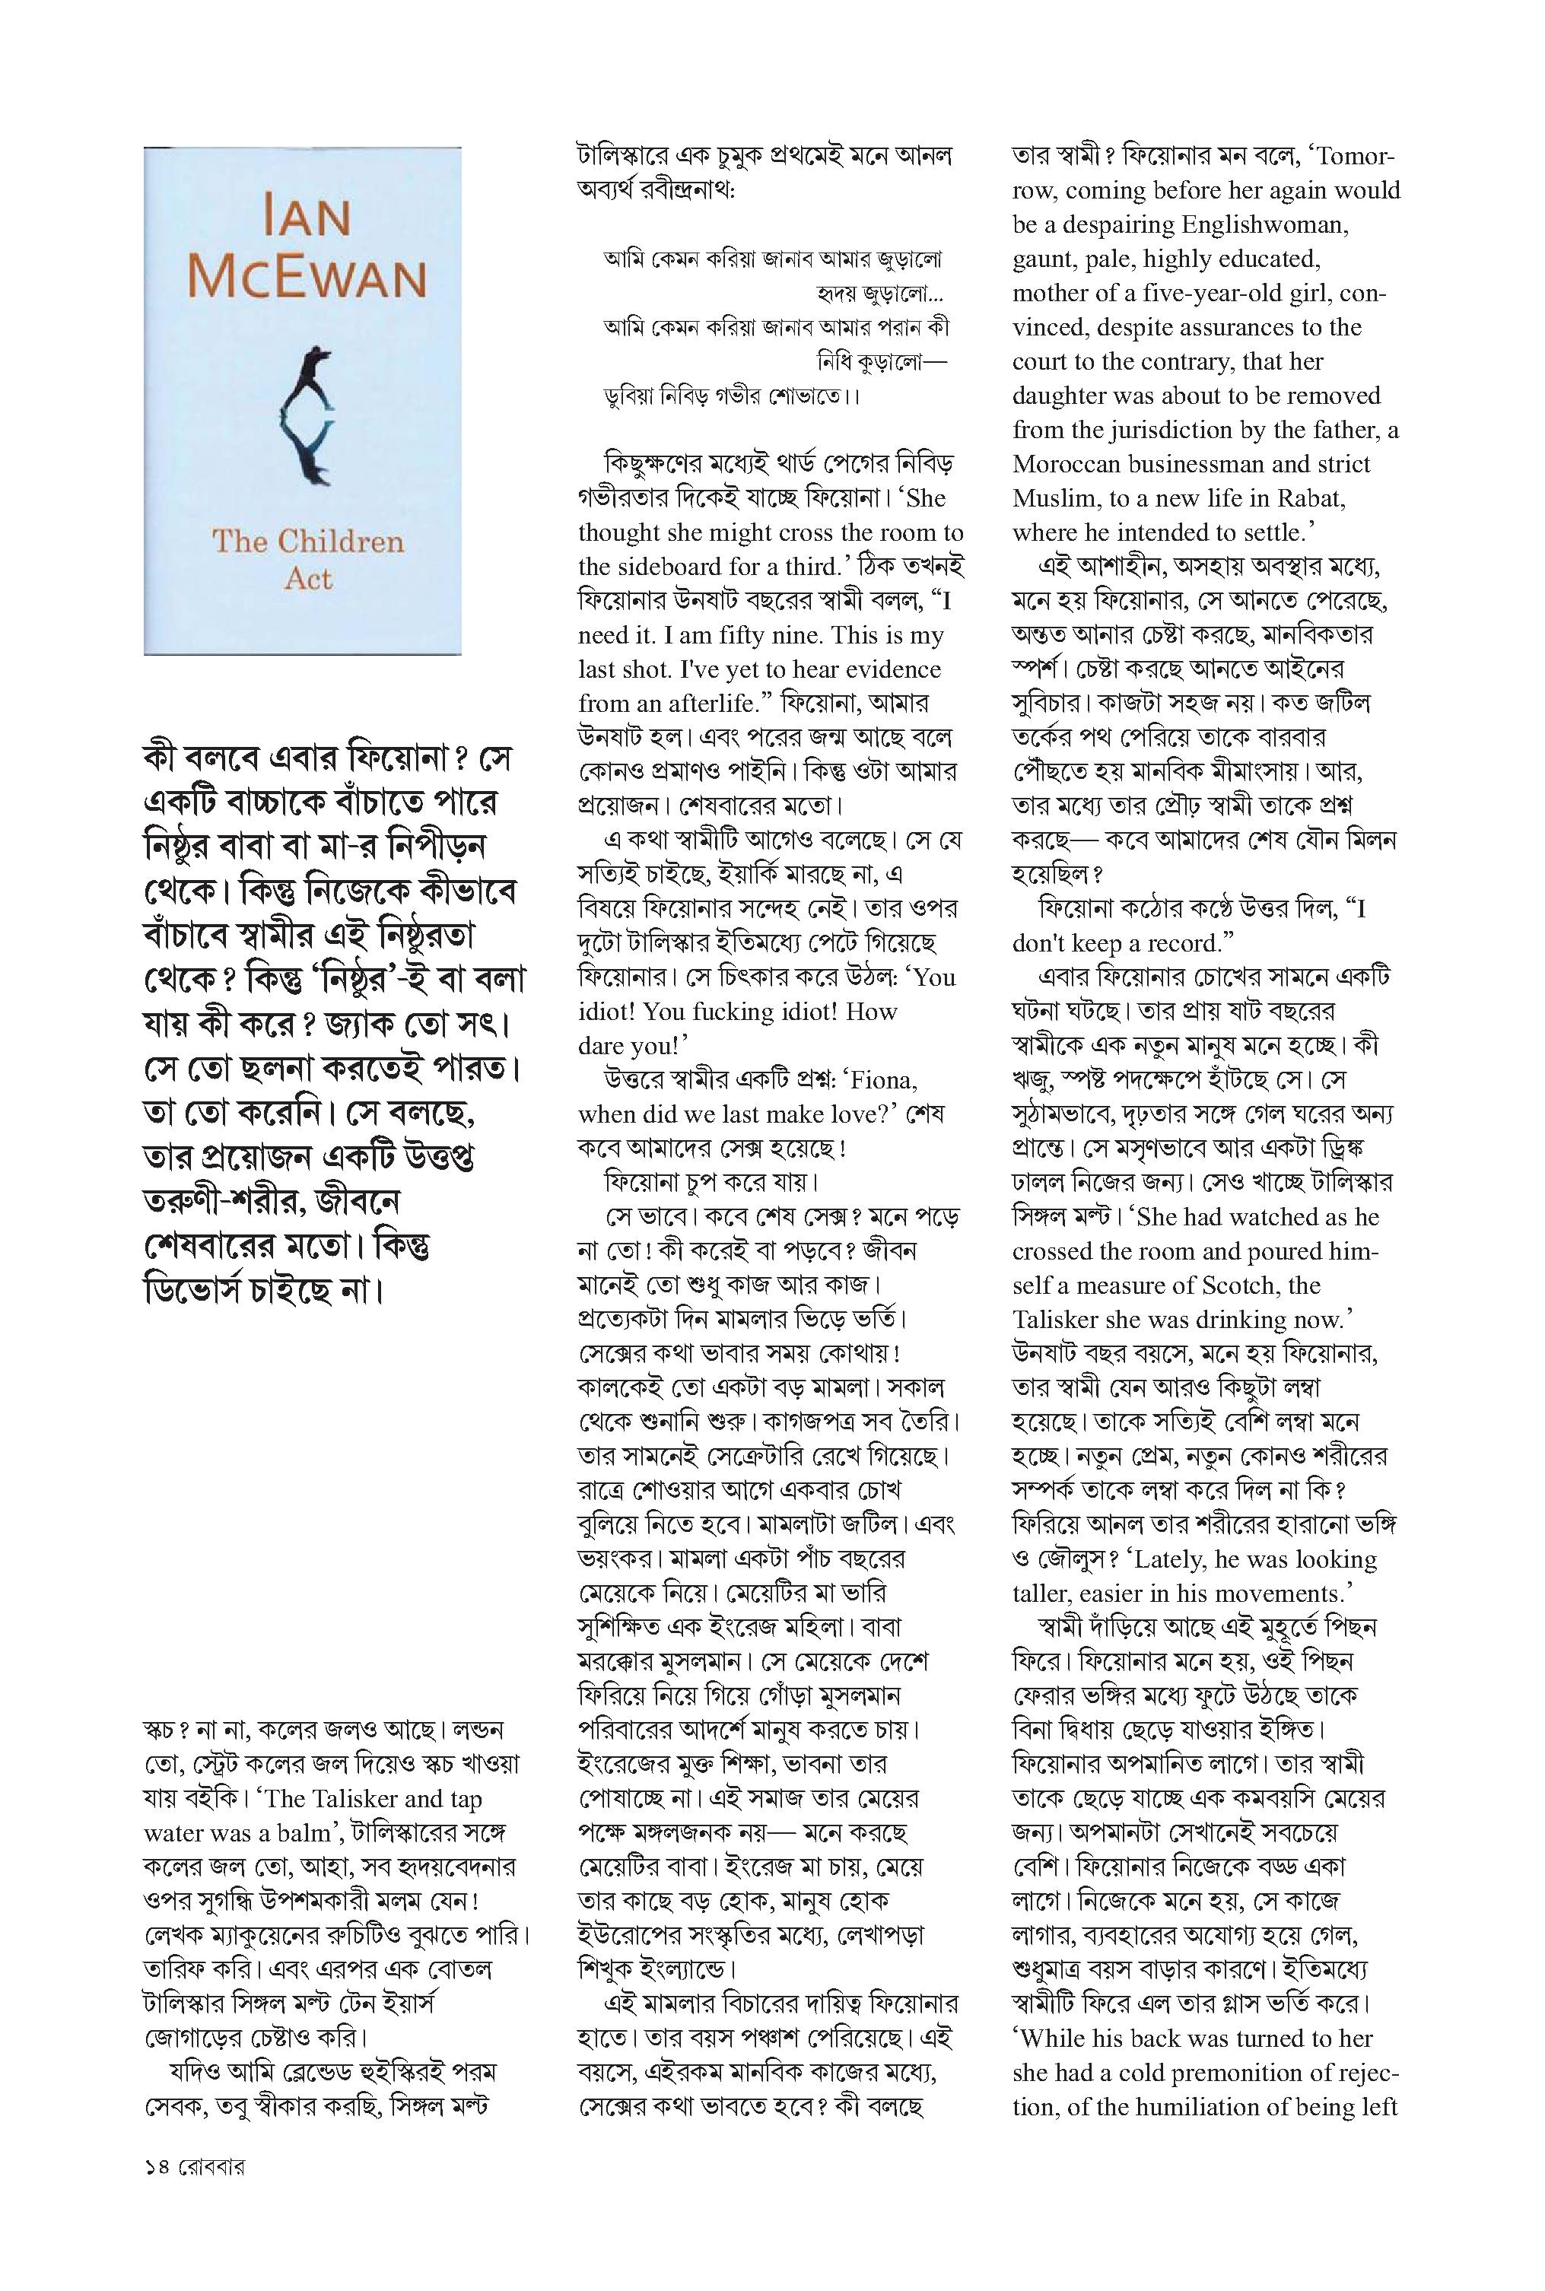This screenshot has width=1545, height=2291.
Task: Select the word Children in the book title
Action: [340, 542]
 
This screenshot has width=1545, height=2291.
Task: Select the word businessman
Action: [1225, 464]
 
